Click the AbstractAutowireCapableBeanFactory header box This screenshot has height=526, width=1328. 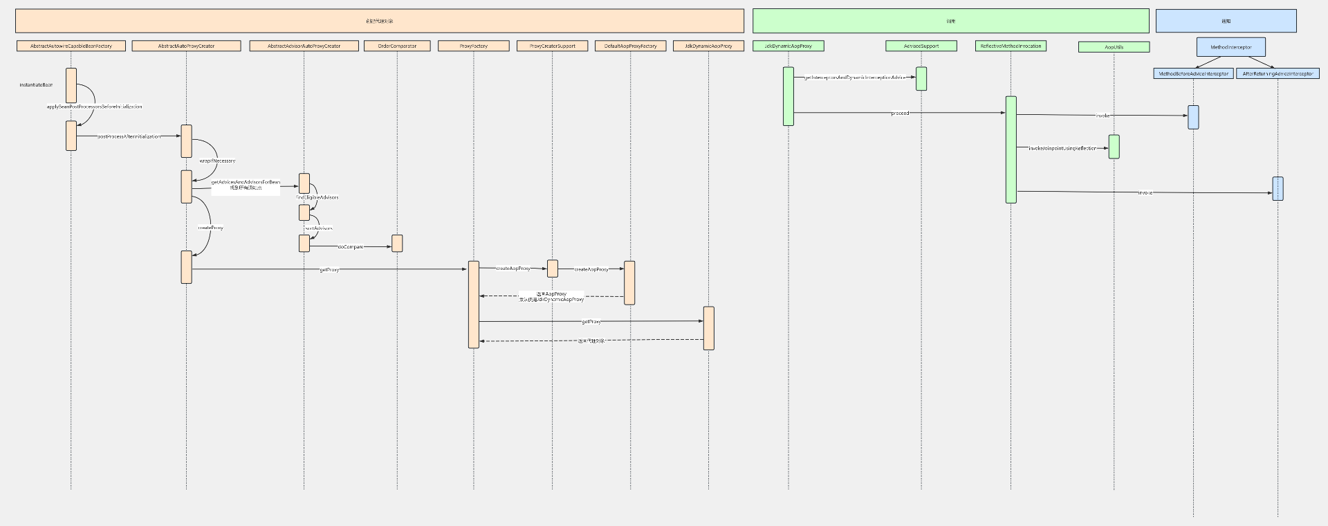(x=71, y=46)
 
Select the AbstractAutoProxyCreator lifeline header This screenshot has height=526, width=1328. (x=186, y=46)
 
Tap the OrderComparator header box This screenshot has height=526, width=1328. (x=397, y=46)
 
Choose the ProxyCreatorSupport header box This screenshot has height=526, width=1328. (x=552, y=46)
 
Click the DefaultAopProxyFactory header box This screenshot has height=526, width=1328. (x=630, y=46)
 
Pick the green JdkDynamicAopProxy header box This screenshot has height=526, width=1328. (x=788, y=46)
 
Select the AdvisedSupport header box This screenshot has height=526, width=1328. (x=921, y=46)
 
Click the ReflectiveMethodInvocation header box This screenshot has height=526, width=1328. (x=1011, y=46)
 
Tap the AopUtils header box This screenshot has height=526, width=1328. (x=1114, y=47)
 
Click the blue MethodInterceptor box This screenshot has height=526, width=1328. (x=1230, y=47)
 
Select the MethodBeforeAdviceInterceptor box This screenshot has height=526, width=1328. (x=1193, y=73)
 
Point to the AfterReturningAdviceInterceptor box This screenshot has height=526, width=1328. (x=1278, y=73)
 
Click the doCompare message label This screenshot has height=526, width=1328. (x=351, y=246)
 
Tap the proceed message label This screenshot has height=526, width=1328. (x=900, y=113)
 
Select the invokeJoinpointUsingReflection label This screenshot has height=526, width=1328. (x=1062, y=148)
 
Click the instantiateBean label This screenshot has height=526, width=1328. (x=36, y=84)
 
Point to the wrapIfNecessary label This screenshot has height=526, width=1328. (x=217, y=161)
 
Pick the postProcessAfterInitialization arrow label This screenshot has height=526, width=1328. (x=129, y=136)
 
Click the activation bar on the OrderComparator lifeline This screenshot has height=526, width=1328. (x=397, y=243)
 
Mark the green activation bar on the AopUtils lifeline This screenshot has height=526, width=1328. (x=1114, y=147)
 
